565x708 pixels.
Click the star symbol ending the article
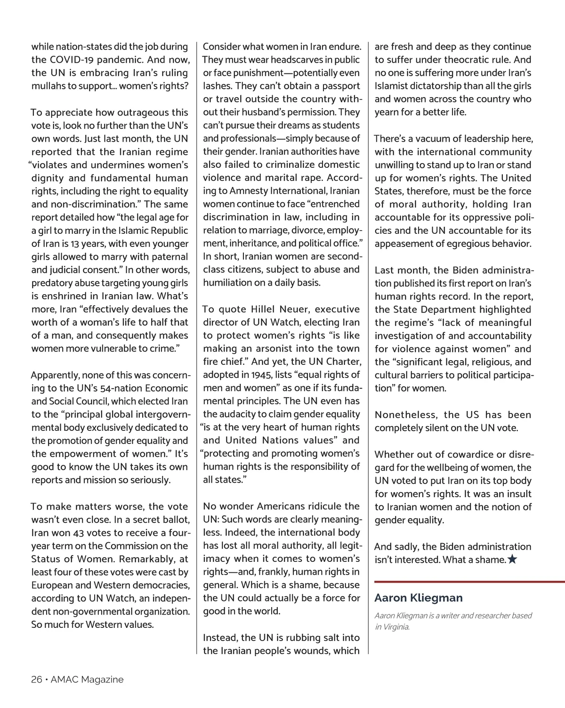pyautogui.click(x=513, y=560)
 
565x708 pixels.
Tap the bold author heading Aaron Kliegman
pyautogui.click(x=418, y=598)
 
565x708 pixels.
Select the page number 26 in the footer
pyautogui.click(x=36, y=680)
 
